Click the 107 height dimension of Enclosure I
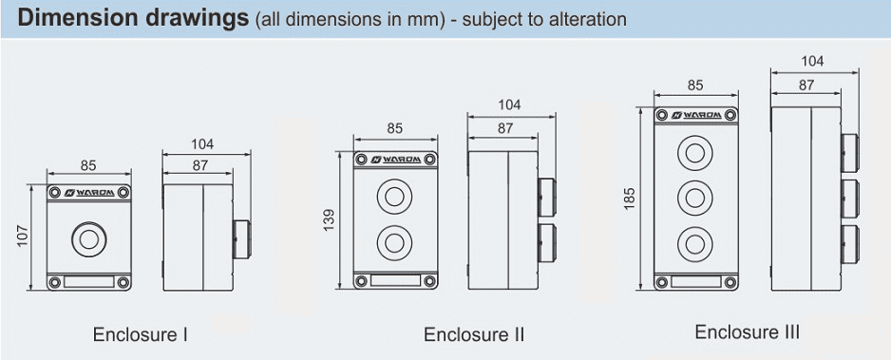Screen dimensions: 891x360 coord(23,237)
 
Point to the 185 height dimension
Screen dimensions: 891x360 coord(630,199)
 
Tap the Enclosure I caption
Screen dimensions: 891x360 coord(141,334)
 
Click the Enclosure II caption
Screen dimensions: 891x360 coord(474,334)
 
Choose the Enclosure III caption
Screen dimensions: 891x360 coord(748,332)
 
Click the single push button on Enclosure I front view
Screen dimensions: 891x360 coord(89,239)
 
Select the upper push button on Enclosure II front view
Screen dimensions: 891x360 coord(394,197)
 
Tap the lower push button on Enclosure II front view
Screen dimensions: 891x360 coord(394,243)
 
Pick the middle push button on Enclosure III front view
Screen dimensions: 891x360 coord(695,199)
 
